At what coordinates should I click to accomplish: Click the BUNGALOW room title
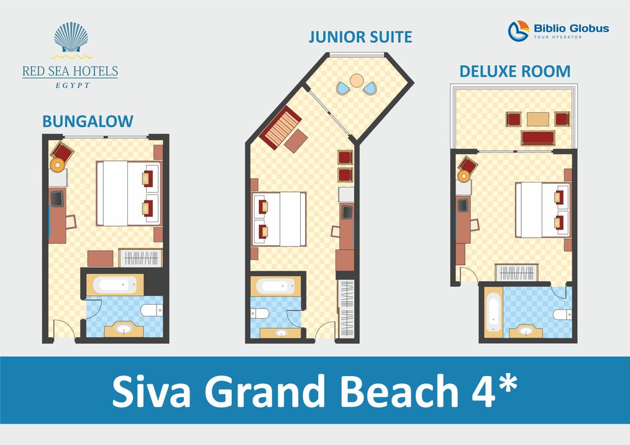pyautogui.click(x=88, y=121)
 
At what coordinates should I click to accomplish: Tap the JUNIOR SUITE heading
pyautogui.click(x=360, y=37)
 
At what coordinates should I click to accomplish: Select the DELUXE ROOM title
pyautogui.click(x=514, y=71)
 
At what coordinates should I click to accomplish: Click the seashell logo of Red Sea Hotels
pyautogui.click(x=71, y=37)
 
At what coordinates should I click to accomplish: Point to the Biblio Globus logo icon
pyautogui.click(x=518, y=31)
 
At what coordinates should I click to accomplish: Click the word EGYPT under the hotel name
pyautogui.click(x=72, y=85)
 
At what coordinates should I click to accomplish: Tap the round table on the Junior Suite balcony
pyautogui.click(x=357, y=80)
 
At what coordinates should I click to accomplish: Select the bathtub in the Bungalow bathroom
pyautogui.click(x=114, y=285)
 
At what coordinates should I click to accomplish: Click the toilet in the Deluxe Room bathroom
pyautogui.click(x=562, y=314)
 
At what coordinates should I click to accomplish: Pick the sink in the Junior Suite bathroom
pyautogui.click(x=280, y=333)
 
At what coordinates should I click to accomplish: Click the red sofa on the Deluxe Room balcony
pyautogui.click(x=537, y=138)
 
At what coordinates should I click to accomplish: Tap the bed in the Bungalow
pyautogui.click(x=129, y=194)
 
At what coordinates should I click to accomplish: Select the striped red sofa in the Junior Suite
pyautogui.click(x=280, y=128)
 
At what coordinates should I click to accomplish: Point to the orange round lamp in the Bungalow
pyautogui.click(x=57, y=164)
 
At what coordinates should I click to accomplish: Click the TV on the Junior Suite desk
pyautogui.click(x=347, y=212)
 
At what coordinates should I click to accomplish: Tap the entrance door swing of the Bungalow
pyautogui.click(x=64, y=328)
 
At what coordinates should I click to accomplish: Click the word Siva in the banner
pyautogui.click(x=152, y=391)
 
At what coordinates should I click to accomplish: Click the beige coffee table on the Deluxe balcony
pyautogui.click(x=537, y=119)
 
